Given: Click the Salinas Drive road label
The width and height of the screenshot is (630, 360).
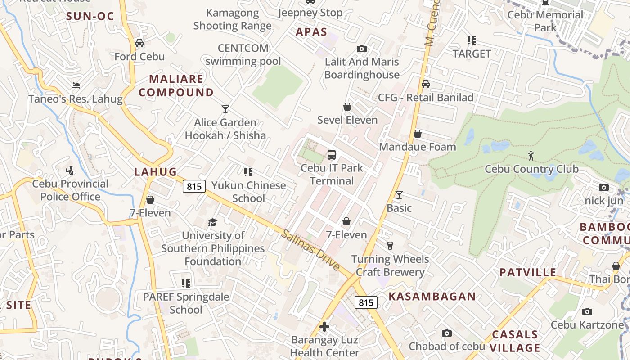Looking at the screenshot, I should (310, 250).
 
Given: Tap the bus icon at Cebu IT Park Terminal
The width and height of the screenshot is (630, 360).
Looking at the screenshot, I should (332, 155).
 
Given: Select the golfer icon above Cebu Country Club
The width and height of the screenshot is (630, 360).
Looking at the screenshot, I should (531, 156).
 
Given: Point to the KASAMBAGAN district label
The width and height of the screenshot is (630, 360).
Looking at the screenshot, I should (432, 296).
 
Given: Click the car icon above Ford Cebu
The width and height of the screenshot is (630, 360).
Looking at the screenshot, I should (139, 43).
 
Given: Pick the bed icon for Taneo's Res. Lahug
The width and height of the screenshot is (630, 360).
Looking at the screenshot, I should (76, 85).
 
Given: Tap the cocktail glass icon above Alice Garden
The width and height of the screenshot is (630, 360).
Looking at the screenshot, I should (225, 109).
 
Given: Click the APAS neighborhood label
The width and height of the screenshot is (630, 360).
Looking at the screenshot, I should (311, 32).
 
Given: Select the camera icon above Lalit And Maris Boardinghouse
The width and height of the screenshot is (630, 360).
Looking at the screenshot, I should (361, 49).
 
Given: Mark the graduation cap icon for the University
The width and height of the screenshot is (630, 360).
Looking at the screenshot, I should (212, 222).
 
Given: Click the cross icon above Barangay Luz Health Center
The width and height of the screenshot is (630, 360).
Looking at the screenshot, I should (324, 326).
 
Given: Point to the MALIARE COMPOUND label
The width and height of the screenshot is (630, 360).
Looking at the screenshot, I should (176, 86).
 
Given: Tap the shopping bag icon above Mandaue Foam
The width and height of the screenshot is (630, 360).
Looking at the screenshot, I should (418, 134).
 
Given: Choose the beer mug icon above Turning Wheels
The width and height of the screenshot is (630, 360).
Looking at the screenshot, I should (390, 245).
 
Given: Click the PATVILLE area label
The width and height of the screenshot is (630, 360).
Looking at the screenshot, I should (528, 272).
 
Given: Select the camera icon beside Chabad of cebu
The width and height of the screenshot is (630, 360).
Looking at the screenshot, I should (446, 333).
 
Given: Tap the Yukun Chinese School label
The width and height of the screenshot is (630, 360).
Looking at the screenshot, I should (248, 192).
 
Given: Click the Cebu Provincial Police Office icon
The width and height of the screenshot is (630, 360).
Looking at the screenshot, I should (70, 171).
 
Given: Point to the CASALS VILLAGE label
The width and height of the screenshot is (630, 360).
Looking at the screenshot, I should (515, 341).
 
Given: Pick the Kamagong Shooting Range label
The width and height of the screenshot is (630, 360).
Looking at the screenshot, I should (232, 19).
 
